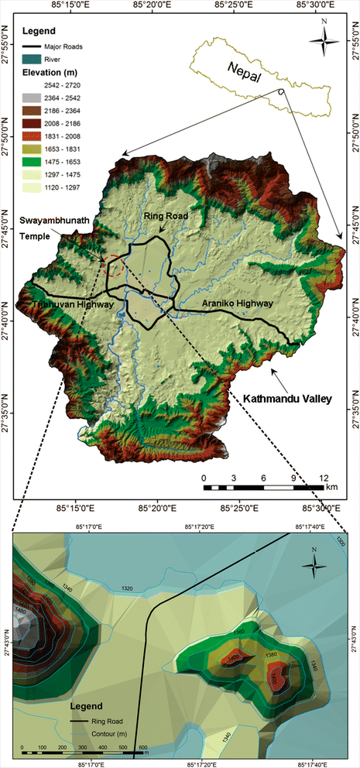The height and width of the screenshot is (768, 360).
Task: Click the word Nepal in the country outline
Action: tap(245, 75)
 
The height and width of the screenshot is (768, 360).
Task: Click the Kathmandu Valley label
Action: tap(287, 399)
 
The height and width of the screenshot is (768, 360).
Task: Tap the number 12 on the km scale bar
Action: tap(323, 478)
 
